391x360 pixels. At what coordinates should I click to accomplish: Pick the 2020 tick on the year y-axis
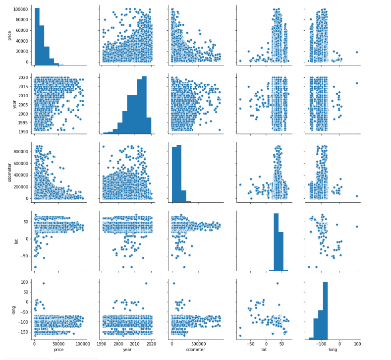24,78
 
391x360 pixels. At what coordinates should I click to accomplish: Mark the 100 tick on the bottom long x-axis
357,343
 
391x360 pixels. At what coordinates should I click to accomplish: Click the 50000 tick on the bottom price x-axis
58,343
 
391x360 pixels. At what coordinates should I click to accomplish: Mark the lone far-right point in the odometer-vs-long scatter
357,196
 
